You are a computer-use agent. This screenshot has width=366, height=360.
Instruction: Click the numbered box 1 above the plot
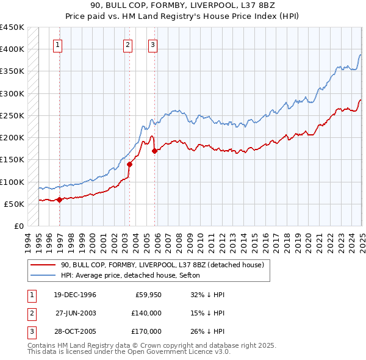click(57, 44)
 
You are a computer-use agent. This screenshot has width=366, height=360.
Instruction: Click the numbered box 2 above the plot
click(127, 44)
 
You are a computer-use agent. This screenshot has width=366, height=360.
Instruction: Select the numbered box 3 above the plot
click(152, 44)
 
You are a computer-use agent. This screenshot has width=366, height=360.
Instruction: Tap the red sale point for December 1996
click(59, 200)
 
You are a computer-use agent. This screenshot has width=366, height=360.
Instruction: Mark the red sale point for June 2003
click(129, 164)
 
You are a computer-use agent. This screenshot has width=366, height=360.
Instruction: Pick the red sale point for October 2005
click(154, 151)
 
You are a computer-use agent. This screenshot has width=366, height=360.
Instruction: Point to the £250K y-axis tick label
click(12, 115)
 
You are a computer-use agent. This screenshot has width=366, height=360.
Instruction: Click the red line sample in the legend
click(43, 265)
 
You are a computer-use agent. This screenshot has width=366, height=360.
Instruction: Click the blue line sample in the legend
click(43, 276)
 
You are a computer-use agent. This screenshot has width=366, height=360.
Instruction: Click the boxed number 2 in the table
click(29, 312)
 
